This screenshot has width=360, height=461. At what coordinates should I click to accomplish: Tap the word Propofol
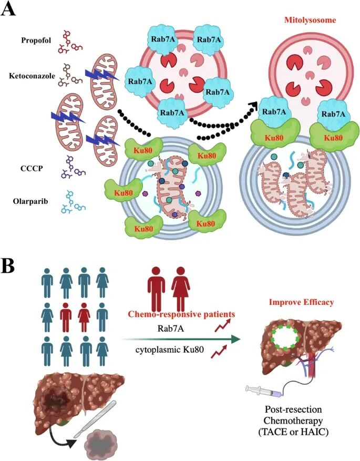pos(36,40)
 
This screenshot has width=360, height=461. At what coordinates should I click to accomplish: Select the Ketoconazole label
pos(32,76)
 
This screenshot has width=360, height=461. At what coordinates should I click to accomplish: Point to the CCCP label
pos(32,169)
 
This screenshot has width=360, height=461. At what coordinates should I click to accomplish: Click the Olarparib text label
pos(30,202)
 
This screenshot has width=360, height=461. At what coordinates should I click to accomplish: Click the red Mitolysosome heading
pos(310,21)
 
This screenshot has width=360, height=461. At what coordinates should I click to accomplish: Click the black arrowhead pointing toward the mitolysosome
pos(252,105)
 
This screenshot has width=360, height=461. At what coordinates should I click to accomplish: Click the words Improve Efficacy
pos(302,302)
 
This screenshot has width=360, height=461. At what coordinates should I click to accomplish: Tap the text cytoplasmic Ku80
pos(170,350)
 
